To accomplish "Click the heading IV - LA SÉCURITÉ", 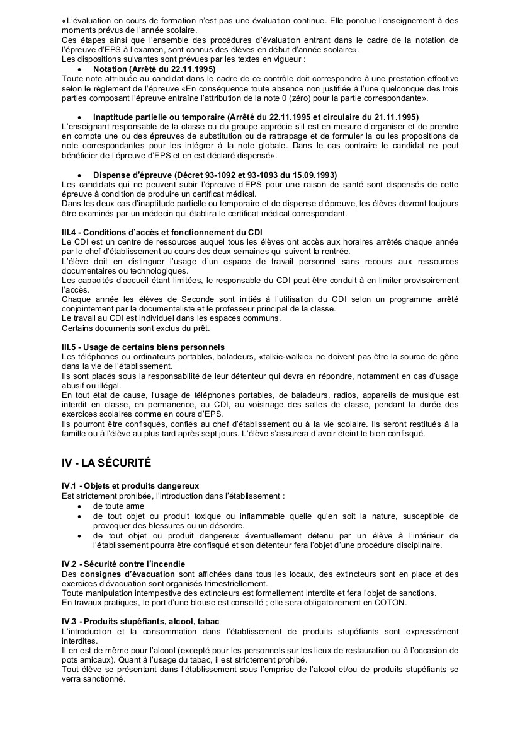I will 106,462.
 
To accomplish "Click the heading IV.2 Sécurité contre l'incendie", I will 123,563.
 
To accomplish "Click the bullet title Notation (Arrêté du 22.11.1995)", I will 154,69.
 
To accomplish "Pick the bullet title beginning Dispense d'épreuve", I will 215,174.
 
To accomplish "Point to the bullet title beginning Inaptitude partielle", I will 255,117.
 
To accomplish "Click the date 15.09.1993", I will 313,174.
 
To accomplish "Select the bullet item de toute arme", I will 118,506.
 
